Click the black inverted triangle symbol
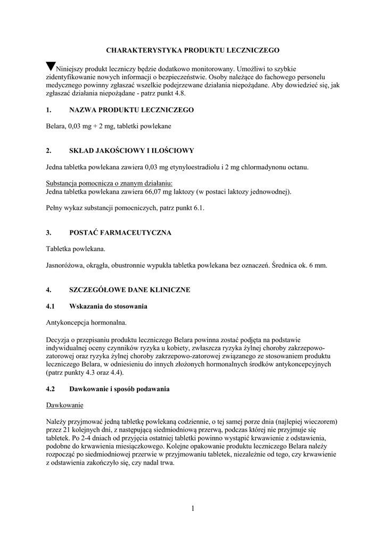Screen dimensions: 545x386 (51, 67)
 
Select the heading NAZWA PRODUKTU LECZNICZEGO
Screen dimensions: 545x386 (132, 110)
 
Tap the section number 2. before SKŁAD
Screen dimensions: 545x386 (48, 151)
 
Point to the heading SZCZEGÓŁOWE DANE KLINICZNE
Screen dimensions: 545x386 (129, 290)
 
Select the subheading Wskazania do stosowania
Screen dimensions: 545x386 (108, 307)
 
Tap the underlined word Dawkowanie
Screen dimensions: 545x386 (65, 406)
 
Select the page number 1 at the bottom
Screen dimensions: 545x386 (193, 509)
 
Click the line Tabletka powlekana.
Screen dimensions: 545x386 (76, 249)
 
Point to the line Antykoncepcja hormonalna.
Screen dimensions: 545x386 (86, 323)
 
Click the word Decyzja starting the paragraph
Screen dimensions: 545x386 (59, 340)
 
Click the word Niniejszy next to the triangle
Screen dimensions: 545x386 (71, 69)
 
